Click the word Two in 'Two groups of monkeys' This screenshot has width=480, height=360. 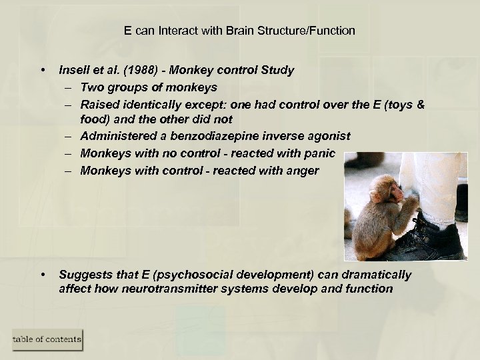[x=91, y=87]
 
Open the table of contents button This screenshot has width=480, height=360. [x=47, y=339]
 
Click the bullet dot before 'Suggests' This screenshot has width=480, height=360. [x=43, y=275]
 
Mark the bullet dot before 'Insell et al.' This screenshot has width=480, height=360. [x=43, y=70]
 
